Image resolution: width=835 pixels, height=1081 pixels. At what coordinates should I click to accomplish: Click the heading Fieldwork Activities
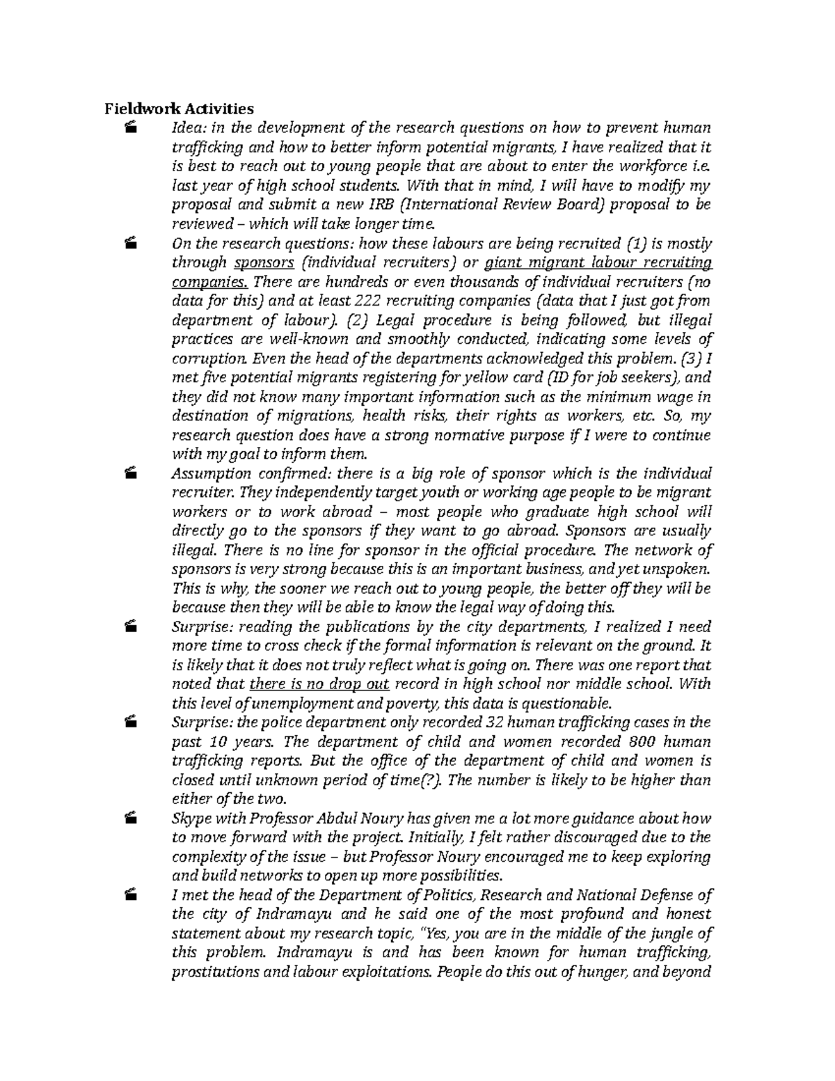[179, 109]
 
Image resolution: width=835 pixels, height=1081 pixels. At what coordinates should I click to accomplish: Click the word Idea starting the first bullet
[186, 128]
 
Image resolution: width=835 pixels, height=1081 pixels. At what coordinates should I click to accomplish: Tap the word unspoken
[679, 569]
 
